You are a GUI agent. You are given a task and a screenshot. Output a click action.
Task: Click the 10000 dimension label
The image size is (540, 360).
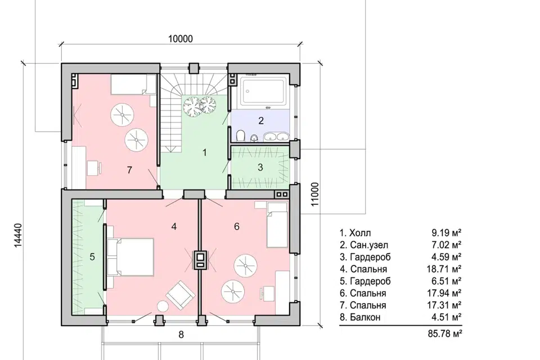click(181, 39)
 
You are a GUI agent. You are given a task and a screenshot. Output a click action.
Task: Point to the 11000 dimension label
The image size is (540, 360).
click(315, 194)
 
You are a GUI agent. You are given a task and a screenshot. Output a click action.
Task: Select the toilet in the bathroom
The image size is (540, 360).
click(241, 136)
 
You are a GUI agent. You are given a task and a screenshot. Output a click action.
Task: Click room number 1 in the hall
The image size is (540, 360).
click(205, 152)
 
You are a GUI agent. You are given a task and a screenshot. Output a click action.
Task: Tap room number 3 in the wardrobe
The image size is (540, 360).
click(260, 168)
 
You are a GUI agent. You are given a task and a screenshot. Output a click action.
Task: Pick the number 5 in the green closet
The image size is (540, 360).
click(92, 257)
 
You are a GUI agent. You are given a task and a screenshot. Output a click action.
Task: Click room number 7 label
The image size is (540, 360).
click(129, 170)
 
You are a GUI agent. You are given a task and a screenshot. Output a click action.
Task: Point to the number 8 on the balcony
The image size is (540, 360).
click(181, 335)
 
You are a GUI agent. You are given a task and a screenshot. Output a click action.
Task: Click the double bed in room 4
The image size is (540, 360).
click(130, 257)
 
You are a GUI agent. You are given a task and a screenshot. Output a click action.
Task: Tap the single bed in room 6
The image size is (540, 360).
click(277, 224)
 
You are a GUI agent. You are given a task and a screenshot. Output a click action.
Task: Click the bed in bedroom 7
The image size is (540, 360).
click(133, 84)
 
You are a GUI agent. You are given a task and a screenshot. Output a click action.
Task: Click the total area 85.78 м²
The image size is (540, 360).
click(444, 334)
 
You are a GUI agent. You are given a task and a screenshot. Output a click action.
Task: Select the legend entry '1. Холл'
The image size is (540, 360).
click(355, 233)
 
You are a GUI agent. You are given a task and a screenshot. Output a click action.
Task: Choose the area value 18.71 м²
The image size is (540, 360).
click(444, 269)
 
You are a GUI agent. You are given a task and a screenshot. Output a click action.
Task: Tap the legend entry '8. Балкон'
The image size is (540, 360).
click(360, 317)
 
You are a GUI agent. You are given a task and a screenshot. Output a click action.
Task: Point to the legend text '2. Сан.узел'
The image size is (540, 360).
click(364, 245)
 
